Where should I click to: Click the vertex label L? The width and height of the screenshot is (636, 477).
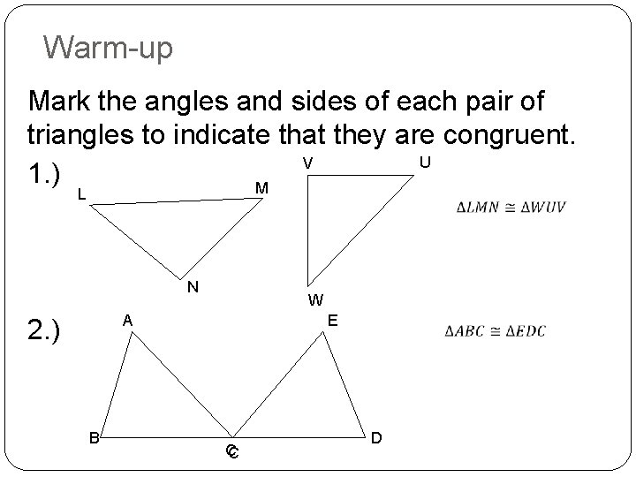(x=81, y=194)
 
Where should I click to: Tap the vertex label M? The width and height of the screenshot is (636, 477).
(x=261, y=188)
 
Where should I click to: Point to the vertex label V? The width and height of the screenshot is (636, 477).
(x=307, y=163)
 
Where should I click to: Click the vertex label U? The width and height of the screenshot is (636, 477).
(x=425, y=163)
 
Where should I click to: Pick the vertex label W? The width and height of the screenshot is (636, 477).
(x=315, y=299)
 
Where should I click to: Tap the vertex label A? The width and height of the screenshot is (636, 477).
(x=127, y=320)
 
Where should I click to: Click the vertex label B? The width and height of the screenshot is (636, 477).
(x=93, y=435)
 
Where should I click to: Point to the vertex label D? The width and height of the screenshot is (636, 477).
(x=377, y=436)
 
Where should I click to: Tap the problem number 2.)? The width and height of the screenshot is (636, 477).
(x=44, y=331)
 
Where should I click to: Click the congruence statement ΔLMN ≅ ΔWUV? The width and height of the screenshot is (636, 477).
(x=511, y=208)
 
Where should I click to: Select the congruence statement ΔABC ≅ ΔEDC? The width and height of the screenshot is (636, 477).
(x=496, y=331)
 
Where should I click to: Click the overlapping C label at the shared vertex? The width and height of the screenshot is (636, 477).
(x=232, y=452)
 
